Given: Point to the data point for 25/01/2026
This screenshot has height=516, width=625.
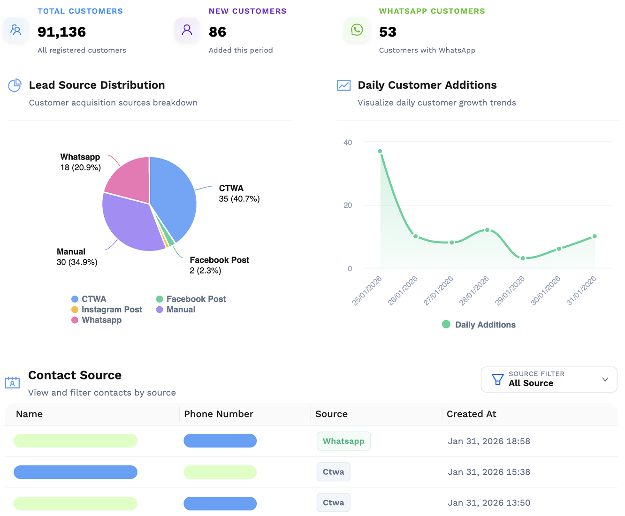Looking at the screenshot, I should click(380, 151).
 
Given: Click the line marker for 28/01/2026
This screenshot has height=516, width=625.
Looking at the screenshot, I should click(487, 230).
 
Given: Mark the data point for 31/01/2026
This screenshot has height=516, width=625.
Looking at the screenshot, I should click(595, 236).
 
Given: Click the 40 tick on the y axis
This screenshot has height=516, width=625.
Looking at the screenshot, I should click(348, 143).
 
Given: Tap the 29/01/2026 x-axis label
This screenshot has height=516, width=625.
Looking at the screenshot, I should click(510, 291).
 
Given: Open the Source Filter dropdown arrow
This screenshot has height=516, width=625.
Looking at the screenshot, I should click(605, 379).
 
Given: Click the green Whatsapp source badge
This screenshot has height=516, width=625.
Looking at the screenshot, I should click(343, 441).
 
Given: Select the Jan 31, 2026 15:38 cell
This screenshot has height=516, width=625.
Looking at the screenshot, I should click(489, 472).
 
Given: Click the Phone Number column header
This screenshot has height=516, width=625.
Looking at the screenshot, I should click(219, 414).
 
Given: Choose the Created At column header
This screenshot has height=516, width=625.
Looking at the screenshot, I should click(471, 414).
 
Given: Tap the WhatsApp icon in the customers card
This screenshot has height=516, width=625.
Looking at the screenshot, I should click(357, 30).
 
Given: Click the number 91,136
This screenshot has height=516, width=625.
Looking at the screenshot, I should click(61, 32).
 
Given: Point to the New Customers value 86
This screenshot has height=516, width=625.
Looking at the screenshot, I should click(217, 32).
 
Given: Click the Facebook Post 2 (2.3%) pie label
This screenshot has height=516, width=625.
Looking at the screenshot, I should click(219, 265).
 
